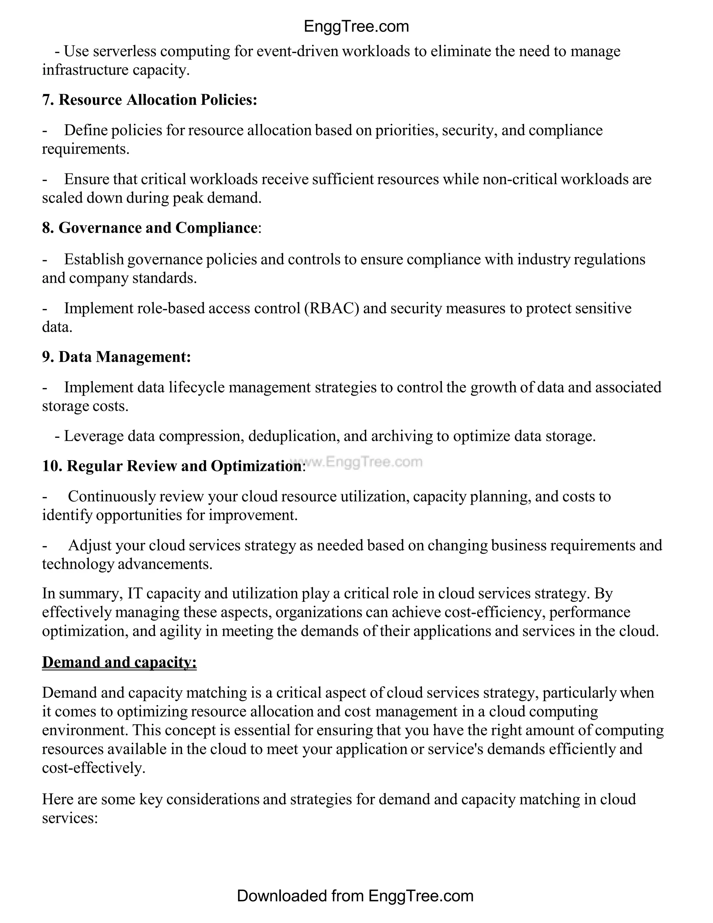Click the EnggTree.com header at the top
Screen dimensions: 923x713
pyautogui.click(x=356, y=26)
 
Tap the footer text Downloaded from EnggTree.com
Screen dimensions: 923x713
pyautogui.click(x=355, y=895)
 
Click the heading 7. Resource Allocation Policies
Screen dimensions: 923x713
pyautogui.click(x=149, y=100)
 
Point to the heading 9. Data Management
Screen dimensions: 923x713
pyautogui.click(x=116, y=357)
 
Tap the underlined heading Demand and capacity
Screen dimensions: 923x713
pyautogui.click(x=119, y=662)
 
